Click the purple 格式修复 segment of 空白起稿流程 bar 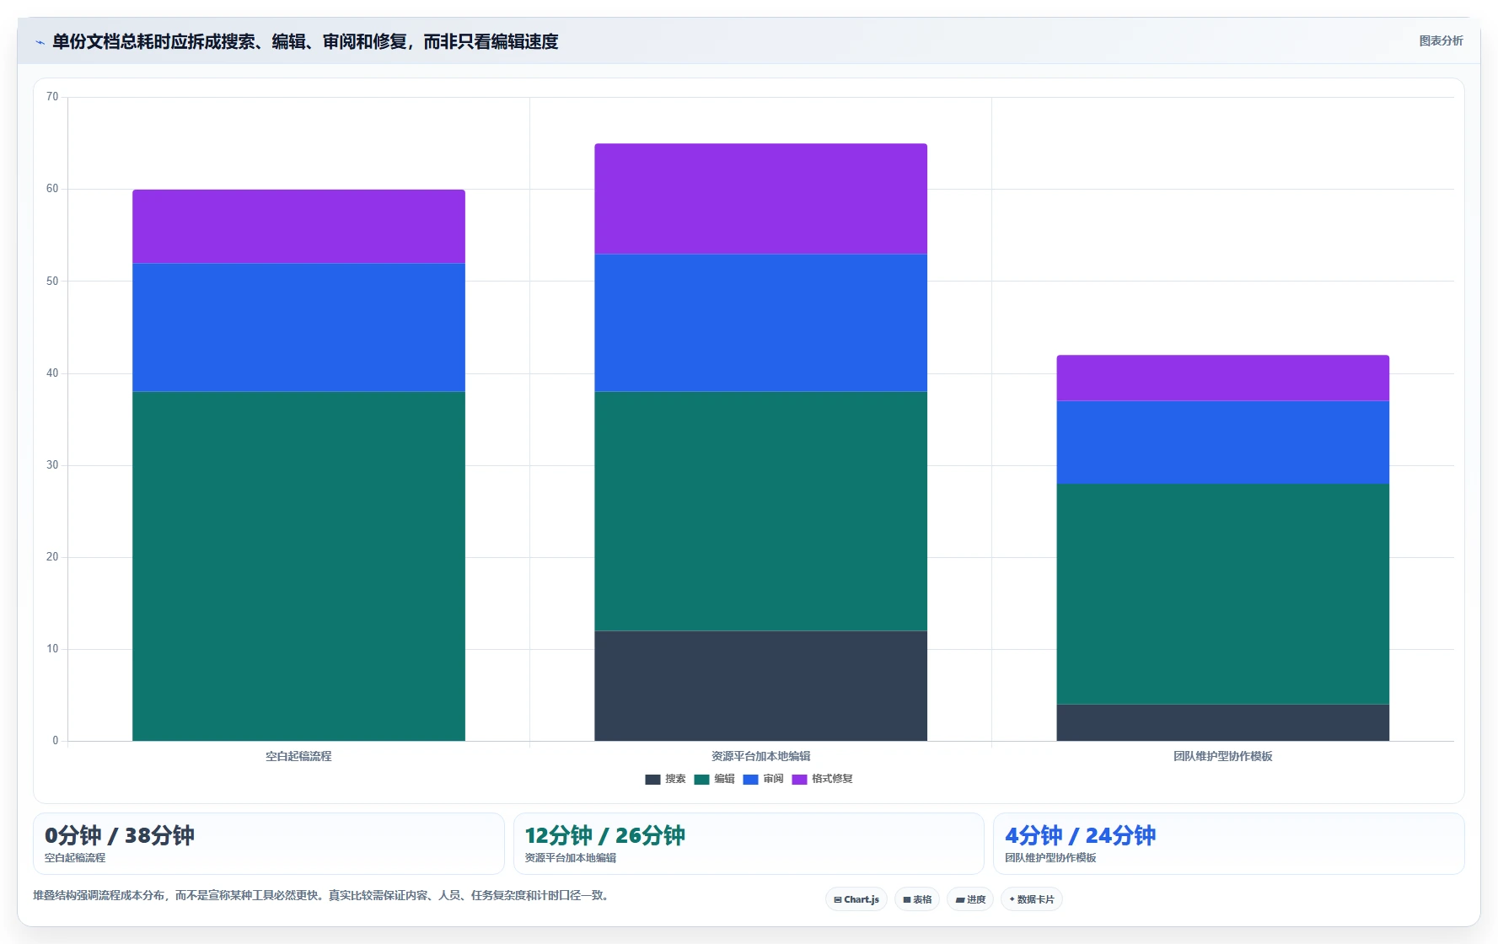pyautogui.click(x=298, y=227)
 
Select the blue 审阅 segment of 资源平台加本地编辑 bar pyautogui.click(x=760, y=323)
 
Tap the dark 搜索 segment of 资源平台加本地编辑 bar pyautogui.click(x=760, y=686)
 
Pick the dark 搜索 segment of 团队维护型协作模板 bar pyautogui.click(x=1222, y=723)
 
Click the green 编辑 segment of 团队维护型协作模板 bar pyautogui.click(x=1222, y=594)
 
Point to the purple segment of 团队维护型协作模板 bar pyautogui.click(x=1222, y=378)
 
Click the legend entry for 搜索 pyautogui.click(x=665, y=779)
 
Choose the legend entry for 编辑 pyautogui.click(x=714, y=779)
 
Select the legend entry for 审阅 pyautogui.click(x=763, y=779)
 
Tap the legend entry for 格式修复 pyautogui.click(x=822, y=779)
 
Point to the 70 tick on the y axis pyautogui.click(x=52, y=97)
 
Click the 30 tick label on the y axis pyautogui.click(x=52, y=465)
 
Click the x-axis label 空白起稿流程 pyautogui.click(x=298, y=756)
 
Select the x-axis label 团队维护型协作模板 pyautogui.click(x=1222, y=756)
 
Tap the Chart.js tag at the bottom pyautogui.click(x=856, y=899)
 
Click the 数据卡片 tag pyautogui.click(x=1031, y=899)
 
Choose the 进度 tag pyautogui.click(x=970, y=899)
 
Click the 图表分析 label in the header pyautogui.click(x=1441, y=40)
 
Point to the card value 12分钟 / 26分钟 pyautogui.click(x=604, y=835)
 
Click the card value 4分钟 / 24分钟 pyautogui.click(x=1080, y=835)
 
